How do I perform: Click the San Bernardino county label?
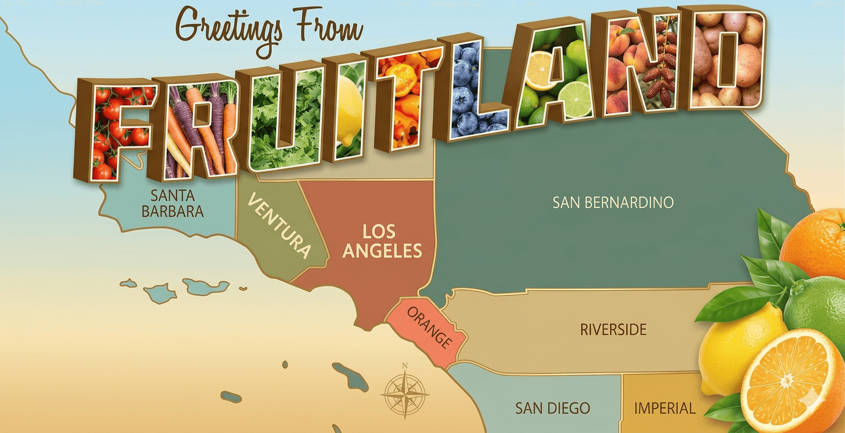[613, 202]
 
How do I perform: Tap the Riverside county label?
[613, 330]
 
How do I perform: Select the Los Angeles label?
[382, 241]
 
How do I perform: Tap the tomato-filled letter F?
[112, 131]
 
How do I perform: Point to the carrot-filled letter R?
[197, 128]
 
